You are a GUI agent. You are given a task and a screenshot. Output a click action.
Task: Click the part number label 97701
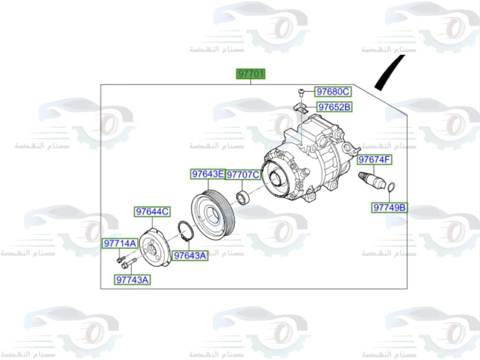click(250, 74)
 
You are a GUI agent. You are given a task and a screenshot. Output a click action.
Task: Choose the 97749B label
click(390, 208)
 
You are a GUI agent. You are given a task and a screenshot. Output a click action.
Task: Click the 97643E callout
click(207, 174)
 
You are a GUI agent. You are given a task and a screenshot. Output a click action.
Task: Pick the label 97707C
click(243, 175)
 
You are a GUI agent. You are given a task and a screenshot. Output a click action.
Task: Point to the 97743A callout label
click(132, 279)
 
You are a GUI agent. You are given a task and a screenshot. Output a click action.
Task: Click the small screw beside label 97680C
click(300, 91)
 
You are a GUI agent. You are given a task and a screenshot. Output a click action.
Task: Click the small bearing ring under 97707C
click(243, 197)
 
